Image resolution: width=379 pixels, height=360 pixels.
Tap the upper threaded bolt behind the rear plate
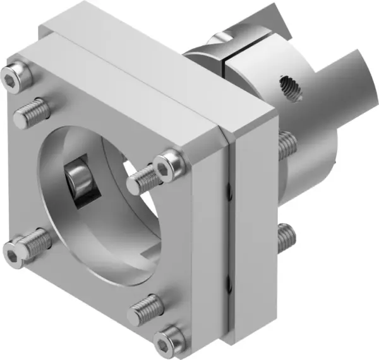pos(286,146)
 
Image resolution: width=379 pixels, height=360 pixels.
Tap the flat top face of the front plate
pos(158,63)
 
